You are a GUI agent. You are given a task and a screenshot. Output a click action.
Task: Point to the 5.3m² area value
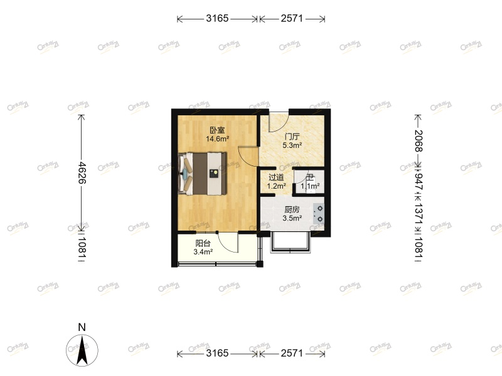tap(292, 145)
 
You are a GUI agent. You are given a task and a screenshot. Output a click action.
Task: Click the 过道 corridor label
tap(277, 177)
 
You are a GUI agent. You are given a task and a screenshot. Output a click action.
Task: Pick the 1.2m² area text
tap(277, 186)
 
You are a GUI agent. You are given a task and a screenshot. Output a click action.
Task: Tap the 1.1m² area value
tap(310, 186)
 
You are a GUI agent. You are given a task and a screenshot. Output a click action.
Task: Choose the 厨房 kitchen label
tap(292, 209)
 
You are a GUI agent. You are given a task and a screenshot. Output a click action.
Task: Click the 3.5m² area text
tap(292, 218)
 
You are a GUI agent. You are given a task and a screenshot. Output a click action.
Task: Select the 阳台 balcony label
tap(203, 243)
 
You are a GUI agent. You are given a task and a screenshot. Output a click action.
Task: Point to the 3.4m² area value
tap(203, 252)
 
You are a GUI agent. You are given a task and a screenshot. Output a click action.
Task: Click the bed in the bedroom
tap(203, 173)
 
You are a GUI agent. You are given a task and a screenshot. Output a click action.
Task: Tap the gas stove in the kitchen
tap(319, 213)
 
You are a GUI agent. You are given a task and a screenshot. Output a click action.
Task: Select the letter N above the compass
tap(82, 327)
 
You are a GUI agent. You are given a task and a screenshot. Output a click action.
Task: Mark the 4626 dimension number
tap(82, 170)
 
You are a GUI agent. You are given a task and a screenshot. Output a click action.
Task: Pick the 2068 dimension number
tap(418, 139)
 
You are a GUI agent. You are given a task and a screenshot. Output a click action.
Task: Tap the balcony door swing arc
tap(231, 246)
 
